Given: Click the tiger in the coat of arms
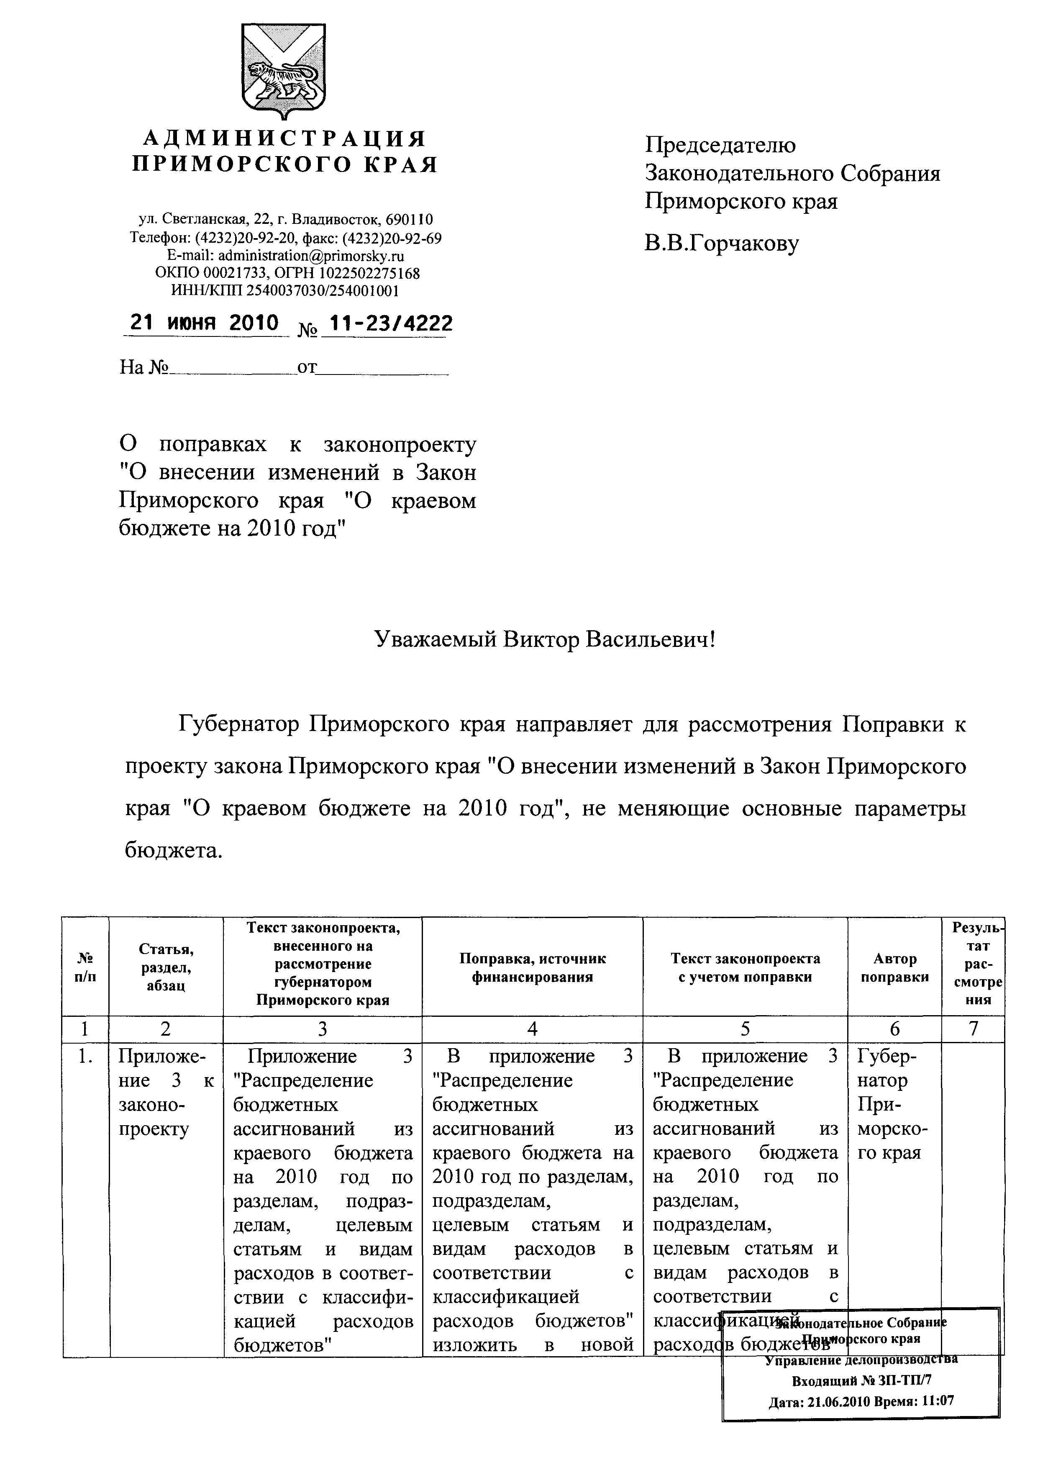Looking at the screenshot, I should (x=283, y=80).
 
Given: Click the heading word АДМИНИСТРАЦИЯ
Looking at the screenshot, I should (x=284, y=138).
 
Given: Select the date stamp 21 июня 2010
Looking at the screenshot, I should (x=205, y=322).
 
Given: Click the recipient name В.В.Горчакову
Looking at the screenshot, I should (x=722, y=243).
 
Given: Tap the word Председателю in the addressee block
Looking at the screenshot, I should (x=720, y=145).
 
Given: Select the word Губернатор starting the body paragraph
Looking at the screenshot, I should (x=239, y=725).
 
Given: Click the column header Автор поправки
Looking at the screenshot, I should (x=894, y=968).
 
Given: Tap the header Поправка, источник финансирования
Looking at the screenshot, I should (x=533, y=968).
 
